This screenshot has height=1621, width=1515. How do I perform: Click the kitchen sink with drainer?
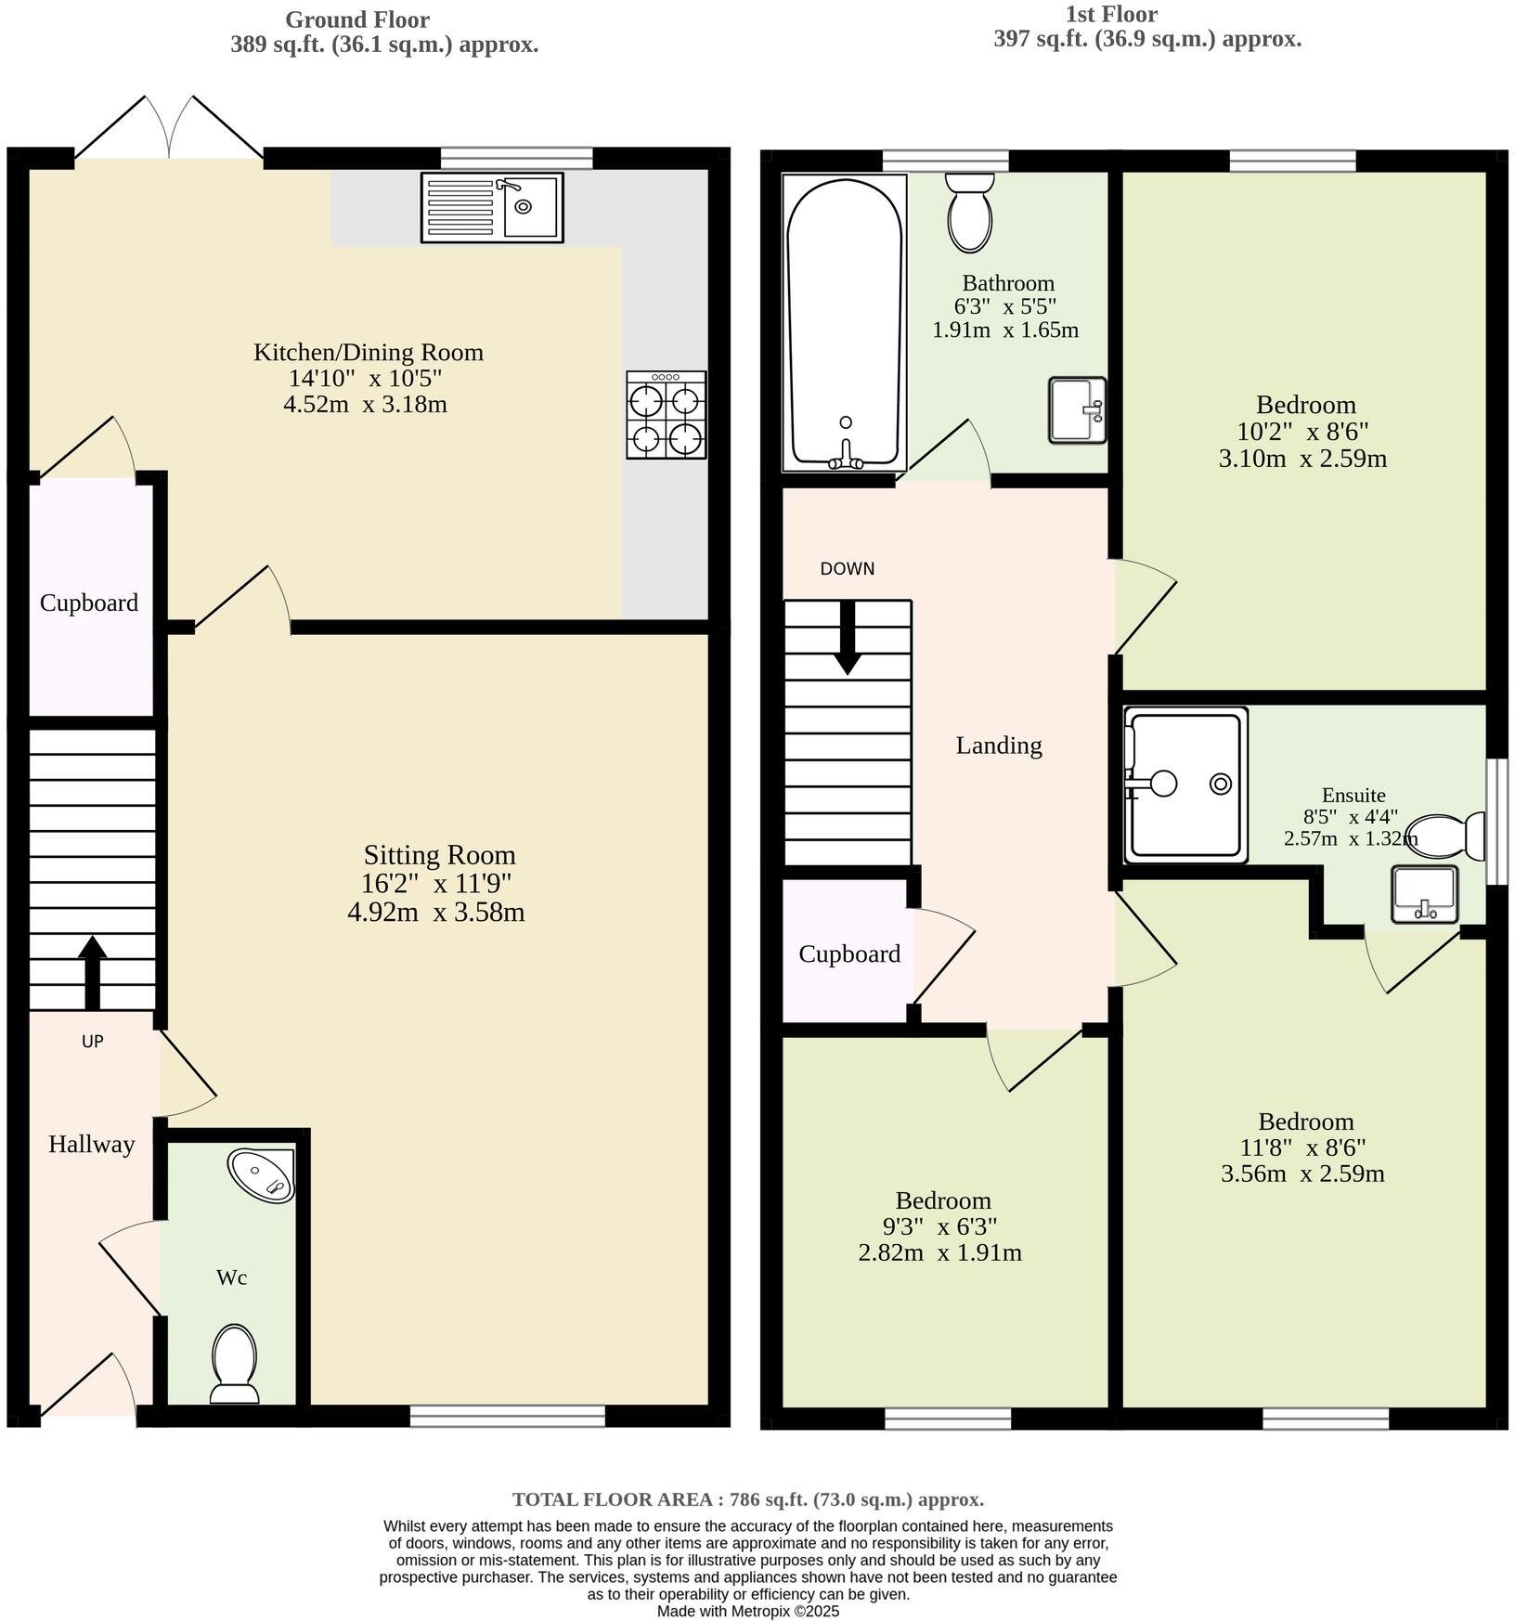click(492, 207)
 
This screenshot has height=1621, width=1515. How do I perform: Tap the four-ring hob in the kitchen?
click(666, 415)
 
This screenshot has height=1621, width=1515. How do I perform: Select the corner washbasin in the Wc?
click(263, 1175)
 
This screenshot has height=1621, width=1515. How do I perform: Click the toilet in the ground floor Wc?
click(235, 1362)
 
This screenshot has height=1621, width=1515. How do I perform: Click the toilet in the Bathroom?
click(970, 213)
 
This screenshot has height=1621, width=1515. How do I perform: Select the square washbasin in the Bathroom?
click(1077, 409)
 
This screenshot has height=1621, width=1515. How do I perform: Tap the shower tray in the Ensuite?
click(1185, 785)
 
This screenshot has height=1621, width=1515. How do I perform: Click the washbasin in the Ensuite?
click(1424, 894)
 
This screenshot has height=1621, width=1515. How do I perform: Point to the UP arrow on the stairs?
click(91, 971)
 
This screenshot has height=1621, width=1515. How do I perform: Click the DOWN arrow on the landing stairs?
click(847, 639)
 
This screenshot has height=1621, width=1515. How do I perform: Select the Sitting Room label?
click(438, 854)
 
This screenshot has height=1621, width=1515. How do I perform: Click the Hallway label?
click(91, 1144)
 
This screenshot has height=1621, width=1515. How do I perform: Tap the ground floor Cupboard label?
click(89, 603)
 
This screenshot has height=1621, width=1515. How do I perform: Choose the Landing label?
click(999, 745)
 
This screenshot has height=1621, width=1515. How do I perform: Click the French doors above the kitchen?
click(169, 130)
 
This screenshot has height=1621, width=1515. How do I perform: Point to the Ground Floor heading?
click(356, 19)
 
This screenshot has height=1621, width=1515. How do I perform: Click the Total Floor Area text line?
click(747, 1498)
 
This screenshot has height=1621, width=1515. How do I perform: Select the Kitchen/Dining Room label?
click(369, 352)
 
